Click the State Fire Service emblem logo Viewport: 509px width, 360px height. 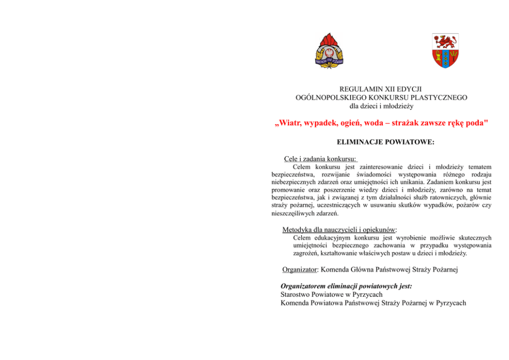pos(330,51)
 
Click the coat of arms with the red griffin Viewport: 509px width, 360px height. pos(445,51)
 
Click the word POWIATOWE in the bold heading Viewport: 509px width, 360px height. pos(409,142)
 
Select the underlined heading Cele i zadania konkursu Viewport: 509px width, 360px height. pos(321,159)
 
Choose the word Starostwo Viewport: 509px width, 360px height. pos(296,295)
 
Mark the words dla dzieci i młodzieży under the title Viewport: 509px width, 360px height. pos(381,106)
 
